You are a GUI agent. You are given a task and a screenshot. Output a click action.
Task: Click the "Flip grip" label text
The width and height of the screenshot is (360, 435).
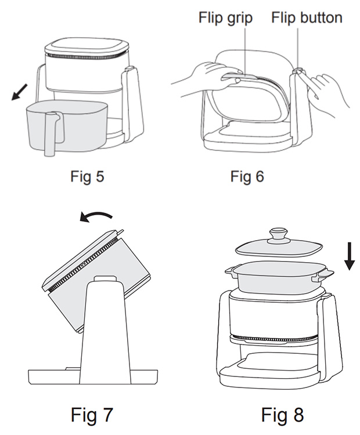pos(225,18)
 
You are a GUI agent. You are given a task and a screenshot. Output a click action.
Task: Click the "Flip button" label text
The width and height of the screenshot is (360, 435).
pos(307,17)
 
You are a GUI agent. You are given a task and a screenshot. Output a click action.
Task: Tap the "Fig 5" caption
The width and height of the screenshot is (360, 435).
pos(87,176)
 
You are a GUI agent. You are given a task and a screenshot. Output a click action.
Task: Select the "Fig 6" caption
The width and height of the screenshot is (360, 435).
pos(247,176)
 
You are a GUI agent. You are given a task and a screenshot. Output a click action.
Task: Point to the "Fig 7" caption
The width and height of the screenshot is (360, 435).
pos(92,415)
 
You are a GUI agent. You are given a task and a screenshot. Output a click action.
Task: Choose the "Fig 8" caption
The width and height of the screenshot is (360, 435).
pos(282,415)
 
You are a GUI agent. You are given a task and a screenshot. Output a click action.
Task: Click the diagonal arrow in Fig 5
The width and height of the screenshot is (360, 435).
pos(19,92)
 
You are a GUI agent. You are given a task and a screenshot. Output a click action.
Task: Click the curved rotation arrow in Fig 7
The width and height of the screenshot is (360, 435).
pos(96,217)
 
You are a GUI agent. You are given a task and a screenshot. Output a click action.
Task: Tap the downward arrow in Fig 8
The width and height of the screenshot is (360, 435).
pos(349,256)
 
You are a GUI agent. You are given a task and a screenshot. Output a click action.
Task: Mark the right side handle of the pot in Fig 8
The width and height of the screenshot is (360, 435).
pos(322,274)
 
